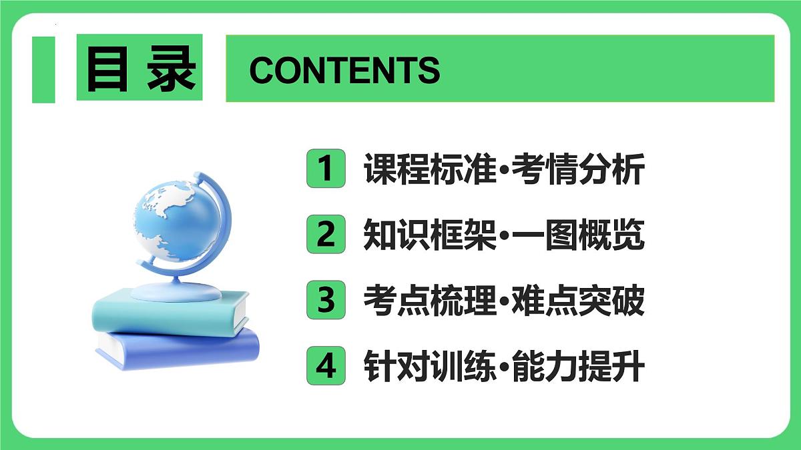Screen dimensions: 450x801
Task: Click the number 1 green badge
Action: click(326, 169)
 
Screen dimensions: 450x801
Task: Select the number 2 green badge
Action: click(326, 235)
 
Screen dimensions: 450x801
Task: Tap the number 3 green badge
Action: click(326, 301)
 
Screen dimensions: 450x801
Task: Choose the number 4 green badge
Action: click(326, 366)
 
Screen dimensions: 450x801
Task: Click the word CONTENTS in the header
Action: click(344, 69)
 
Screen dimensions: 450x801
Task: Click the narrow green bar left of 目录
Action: click(43, 69)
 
